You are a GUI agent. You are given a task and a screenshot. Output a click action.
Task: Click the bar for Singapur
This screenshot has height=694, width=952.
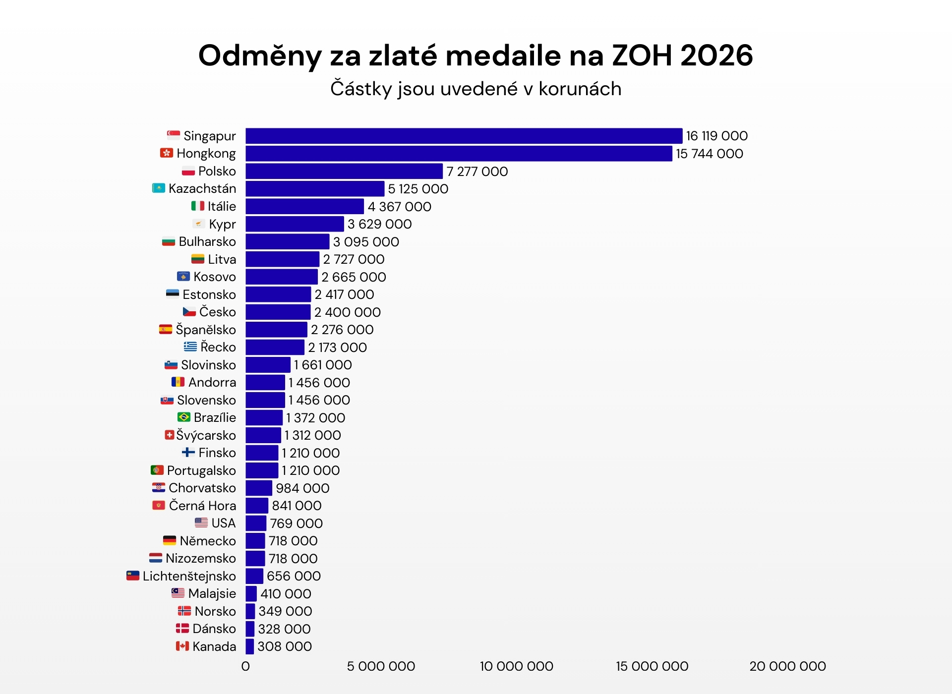pyautogui.click(x=464, y=136)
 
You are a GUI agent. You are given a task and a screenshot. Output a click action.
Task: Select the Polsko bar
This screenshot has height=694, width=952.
pyautogui.click(x=344, y=171)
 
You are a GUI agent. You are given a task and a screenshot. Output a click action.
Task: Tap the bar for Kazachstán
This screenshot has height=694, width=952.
pyautogui.click(x=315, y=189)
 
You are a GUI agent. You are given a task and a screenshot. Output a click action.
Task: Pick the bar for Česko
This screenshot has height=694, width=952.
pyautogui.click(x=278, y=312)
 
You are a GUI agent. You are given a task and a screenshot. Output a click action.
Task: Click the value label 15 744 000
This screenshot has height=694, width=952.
pyautogui.click(x=709, y=154)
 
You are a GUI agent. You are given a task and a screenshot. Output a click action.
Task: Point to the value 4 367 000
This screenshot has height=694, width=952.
pyautogui.click(x=399, y=207)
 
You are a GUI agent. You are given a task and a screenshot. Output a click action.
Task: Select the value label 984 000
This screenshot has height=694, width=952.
pyautogui.click(x=302, y=488)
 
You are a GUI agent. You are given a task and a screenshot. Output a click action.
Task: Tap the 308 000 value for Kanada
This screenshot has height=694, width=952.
pyautogui.click(x=285, y=646)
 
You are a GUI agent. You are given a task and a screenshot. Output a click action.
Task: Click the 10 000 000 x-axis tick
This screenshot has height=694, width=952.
pyautogui.click(x=516, y=666)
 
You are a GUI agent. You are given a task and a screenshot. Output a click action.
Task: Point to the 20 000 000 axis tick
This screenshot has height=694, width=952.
pyautogui.click(x=787, y=666)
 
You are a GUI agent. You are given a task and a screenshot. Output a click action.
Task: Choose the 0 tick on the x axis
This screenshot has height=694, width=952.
pyautogui.click(x=245, y=666)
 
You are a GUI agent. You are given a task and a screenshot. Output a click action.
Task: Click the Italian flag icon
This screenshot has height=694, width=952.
pyautogui.click(x=198, y=206)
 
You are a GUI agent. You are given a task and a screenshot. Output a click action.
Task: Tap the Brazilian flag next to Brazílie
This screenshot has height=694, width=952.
pyautogui.click(x=184, y=417)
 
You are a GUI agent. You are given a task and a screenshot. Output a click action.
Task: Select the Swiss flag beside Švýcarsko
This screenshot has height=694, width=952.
pyautogui.click(x=170, y=435)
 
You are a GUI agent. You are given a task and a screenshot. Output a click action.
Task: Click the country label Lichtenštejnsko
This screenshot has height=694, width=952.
pyautogui.click(x=189, y=576)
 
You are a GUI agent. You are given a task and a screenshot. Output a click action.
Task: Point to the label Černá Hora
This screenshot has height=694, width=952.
pyautogui.click(x=202, y=506)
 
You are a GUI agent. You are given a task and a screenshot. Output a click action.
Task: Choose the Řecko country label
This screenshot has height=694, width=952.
pyautogui.click(x=218, y=347)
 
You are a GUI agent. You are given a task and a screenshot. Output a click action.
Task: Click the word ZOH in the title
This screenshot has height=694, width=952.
pyautogui.click(x=642, y=55)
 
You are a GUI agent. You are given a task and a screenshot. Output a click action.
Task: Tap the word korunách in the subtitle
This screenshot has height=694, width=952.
pyautogui.click(x=580, y=89)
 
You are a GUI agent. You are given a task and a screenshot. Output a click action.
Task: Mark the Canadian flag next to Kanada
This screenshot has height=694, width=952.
pyautogui.click(x=182, y=646)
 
